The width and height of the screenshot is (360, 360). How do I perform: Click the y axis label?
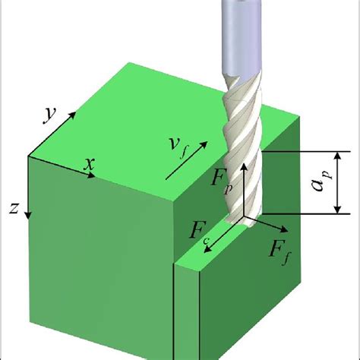coord(49,115)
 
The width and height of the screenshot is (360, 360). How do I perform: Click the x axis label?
coord(90,164)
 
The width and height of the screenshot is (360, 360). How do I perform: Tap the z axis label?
coord(14,208)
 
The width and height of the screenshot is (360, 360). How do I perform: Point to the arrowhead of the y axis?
coord(73,115)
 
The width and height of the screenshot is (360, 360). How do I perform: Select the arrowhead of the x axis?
coord(92,175)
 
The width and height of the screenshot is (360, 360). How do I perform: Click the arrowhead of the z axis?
coord(28,216)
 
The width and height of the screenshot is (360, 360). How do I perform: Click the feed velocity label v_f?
coord(178,147)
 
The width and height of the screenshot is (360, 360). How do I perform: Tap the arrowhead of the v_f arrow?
coord(204,144)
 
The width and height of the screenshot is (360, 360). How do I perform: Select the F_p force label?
coord(222,181)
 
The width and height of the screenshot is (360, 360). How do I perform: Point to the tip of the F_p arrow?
coord(244,163)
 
